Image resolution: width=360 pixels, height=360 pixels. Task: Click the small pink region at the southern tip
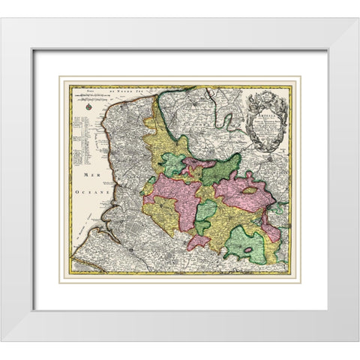tap(197, 242)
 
